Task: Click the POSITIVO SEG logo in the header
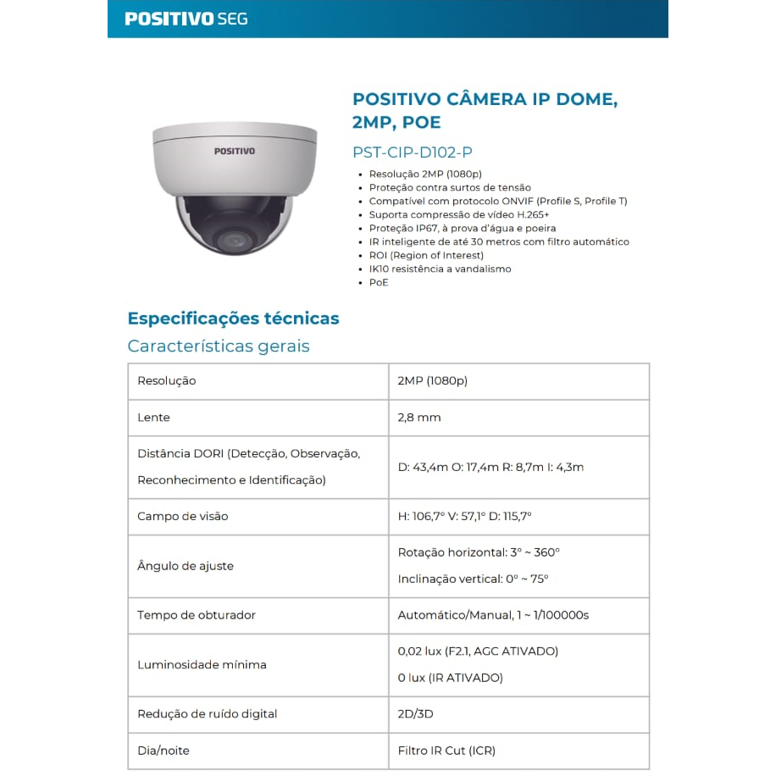pyautogui.click(x=186, y=19)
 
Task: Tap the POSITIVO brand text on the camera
pyautogui.click(x=234, y=151)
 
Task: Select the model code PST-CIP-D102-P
pyautogui.click(x=412, y=152)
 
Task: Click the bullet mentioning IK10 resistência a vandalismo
pyautogui.click(x=440, y=269)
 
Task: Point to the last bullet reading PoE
pyautogui.click(x=379, y=282)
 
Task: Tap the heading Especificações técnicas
pyautogui.click(x=233, y=319)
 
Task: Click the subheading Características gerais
pyautogui.click(x=219, y=346)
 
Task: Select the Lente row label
pyautogui.click(x=153, y=418)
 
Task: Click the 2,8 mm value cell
pyautogui.click(x=419, y=418)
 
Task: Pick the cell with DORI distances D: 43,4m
pyautogui.click(x=491, y=467)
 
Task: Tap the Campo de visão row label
pyautogui.click(x=182, y=516)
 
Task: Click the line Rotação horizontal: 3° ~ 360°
pyautogui.click(x=479, y=552)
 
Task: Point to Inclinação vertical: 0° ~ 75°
pyautogui.click(x=473, y=579)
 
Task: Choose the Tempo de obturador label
pyautogui.click(x=196, y=615)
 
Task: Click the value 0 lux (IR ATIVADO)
pyautogui.click(x=450, y=678)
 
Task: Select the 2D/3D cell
pyautogui.click(x=415, y=714)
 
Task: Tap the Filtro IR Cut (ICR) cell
pyautogui.click(x=446, y=751)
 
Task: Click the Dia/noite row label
pyautogui.click(x=164, y=751)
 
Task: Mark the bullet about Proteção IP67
pyautogui.click(x=463, y=228)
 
